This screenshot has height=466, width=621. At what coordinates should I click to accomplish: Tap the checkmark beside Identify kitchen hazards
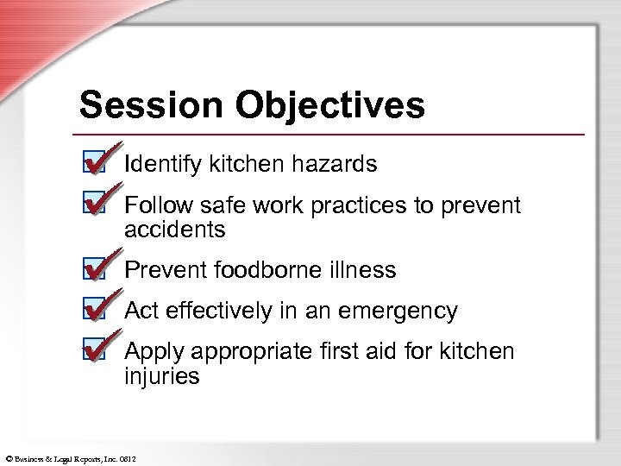pos(97,161)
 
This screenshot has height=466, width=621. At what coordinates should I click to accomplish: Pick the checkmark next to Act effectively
pos(97,308)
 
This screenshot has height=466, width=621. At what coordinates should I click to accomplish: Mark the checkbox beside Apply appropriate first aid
pos(97,349)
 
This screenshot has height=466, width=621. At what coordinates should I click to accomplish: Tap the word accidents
pos(174,230)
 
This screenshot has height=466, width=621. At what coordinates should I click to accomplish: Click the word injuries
pos(162,377)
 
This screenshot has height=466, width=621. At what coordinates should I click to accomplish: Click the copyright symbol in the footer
pos(5,457)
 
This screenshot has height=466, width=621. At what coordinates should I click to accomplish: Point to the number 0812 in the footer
pos(128,457)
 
